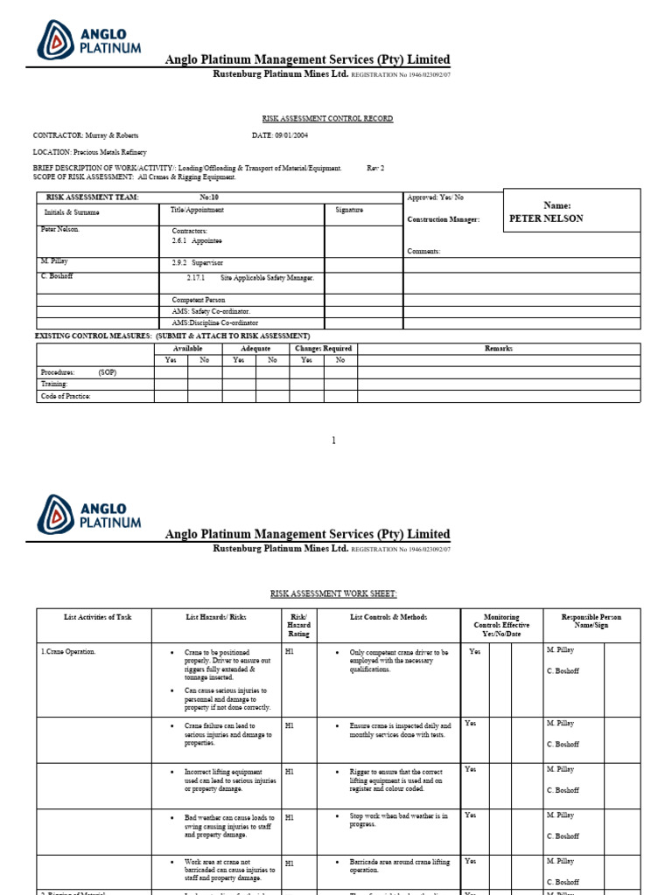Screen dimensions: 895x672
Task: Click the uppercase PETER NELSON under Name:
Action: click(x=546, y=219)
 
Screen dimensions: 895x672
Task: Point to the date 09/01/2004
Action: click(x=290, y=135)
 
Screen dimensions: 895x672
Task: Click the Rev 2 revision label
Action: click(x=374, y=168)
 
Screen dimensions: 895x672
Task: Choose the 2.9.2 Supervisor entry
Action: click(x=198, y=261)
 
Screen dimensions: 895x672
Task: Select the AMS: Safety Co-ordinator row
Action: click(x=211, y=311)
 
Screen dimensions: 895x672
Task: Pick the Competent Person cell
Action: click(x=199, y=300)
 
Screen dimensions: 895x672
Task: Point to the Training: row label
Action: click(x=54, y=384)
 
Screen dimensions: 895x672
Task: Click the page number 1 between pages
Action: click(x=333, y=441)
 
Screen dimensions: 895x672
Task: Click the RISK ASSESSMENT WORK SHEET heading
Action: click(x=333, y=593)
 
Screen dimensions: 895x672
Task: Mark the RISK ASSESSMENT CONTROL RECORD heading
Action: click(x=328, y=118)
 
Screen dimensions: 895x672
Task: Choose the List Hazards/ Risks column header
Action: click(x=216, y=617)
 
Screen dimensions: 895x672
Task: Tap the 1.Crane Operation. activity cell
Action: click(x=68, y=652)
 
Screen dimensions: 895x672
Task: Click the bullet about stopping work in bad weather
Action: click(x=399, y=819)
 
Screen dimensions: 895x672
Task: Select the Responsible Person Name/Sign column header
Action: click(x=591, y=621)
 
